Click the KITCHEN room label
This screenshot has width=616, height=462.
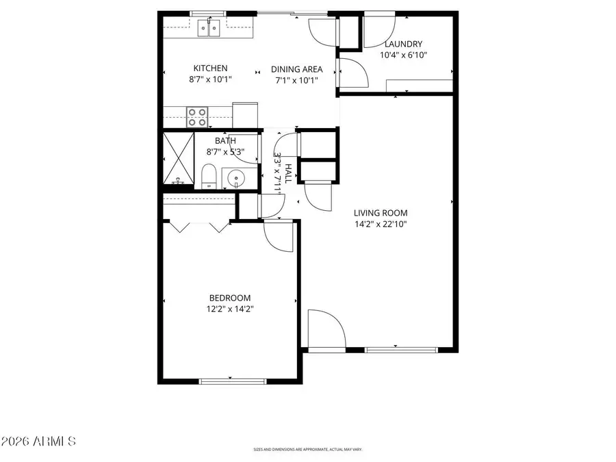(210, 68)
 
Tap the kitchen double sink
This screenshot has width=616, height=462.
(209, 28)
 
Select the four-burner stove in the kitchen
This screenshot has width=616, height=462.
(198, 117)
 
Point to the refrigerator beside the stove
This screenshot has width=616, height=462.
(245, 114)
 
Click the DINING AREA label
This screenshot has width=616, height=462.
(297, 69)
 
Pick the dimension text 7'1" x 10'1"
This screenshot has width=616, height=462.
(297, 79)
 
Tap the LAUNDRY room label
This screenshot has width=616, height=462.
(403, 44)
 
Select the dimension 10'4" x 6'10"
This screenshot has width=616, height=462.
(403, 55)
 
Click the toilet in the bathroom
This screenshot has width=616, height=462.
(210, 177)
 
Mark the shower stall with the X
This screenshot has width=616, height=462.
(178, 159)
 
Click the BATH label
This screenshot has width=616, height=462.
(225, 141)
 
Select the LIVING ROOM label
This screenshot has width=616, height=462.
(380, 212)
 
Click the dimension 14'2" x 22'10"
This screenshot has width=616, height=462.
(380, 223)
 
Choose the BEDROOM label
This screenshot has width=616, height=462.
(229, 298)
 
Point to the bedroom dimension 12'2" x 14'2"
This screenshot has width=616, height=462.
(229, 309)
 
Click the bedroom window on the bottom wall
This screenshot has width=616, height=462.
(232, 381)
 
